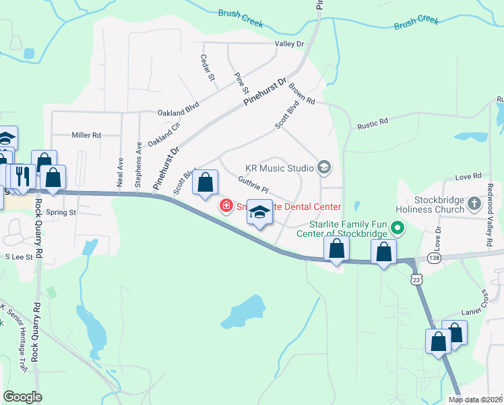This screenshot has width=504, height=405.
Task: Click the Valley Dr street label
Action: click(x=290, y=44)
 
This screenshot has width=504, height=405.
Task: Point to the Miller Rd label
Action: click(x=86, y=135)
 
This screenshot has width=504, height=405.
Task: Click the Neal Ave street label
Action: click(x=121, y=172)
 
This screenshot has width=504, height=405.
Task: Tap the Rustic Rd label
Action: click(x=373, y=123)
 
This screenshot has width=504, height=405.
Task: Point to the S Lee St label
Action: click(x=19, y=256)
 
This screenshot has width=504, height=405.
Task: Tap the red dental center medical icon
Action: click(x=226, y=206)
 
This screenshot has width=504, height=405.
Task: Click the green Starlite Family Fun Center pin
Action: click(x=397, y=229)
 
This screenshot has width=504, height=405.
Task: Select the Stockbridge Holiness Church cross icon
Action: click(x=474, y=200)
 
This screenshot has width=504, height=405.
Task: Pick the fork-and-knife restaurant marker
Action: click(x=24, y=175)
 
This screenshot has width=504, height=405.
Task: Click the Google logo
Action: click(x=23, y=397)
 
